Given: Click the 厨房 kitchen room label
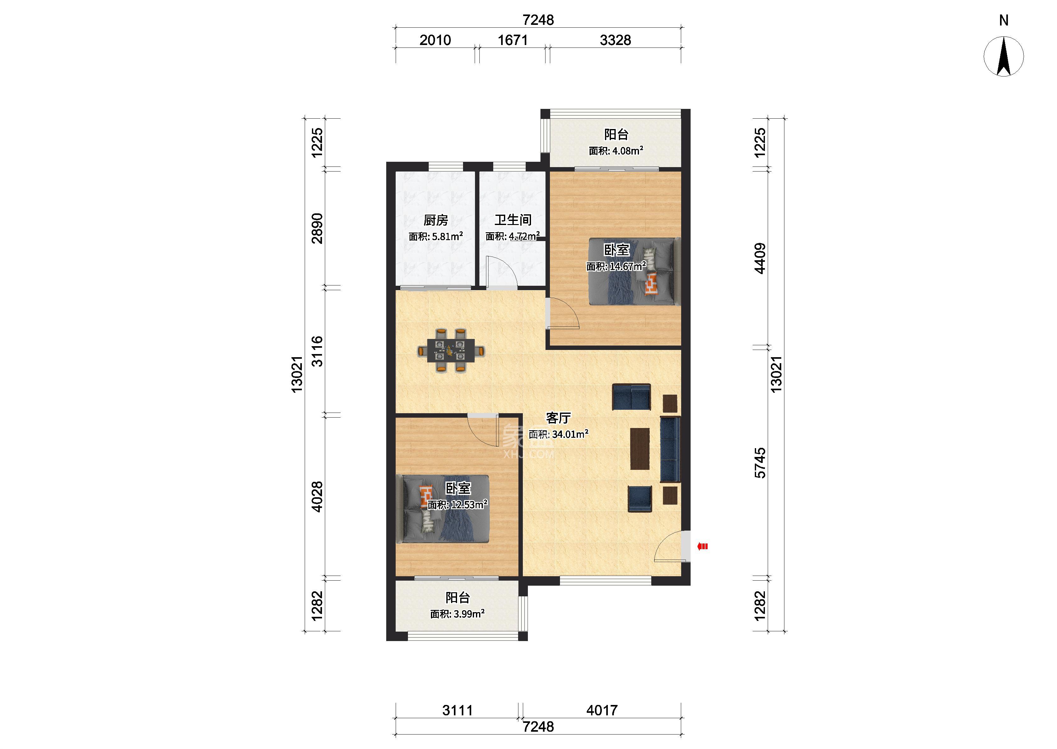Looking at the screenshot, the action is tap(436, 221).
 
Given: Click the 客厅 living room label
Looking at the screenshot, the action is tap(558, 418).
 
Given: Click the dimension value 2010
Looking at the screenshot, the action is tap(435, 41).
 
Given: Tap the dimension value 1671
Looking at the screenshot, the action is tap(512, 41).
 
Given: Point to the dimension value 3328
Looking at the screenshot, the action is tap(615, 41).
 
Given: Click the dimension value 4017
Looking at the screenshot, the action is tap(602, 710).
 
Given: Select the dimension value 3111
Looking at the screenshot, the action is tap(457, 710).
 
